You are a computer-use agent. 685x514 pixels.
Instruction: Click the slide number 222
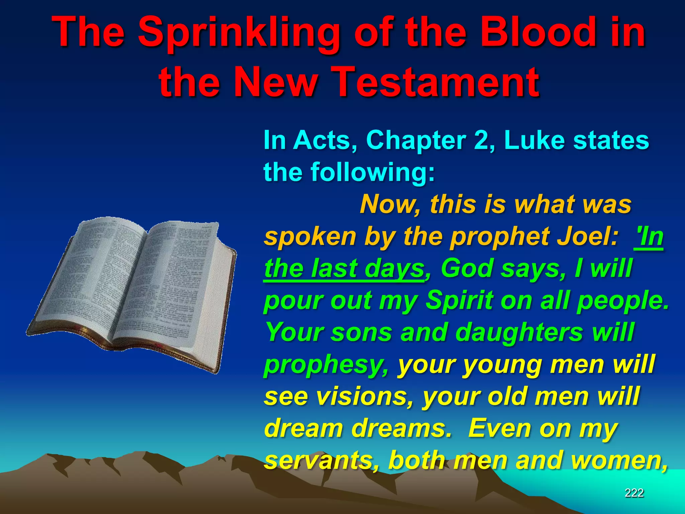point(634,493)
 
